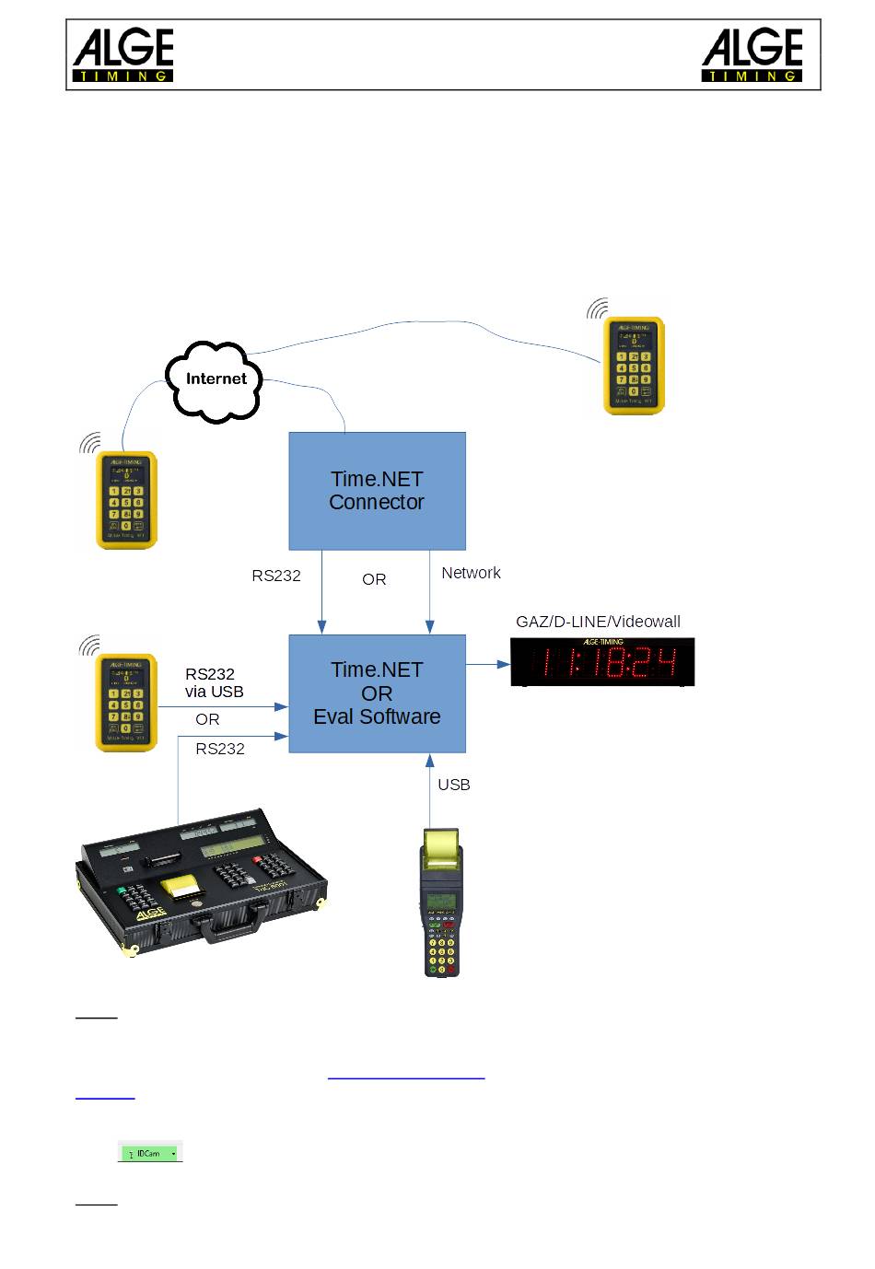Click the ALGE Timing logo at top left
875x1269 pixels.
[123, 55]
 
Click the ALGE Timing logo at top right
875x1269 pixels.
[752, 55]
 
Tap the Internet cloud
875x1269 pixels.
[216, 379]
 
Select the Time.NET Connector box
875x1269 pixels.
[377, 491]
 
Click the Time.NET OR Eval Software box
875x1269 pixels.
[377, 693]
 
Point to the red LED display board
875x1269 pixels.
[602, 662]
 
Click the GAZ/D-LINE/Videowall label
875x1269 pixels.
[598, 622]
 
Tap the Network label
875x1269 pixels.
[471, 573]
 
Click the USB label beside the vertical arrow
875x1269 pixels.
[454, 785]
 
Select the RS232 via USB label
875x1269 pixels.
[214, 682]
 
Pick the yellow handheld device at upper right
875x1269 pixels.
[634, 366]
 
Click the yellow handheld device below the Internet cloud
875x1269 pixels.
[127, 500]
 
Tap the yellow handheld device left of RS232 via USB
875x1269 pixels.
[127, 703]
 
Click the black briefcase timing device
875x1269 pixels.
[203, 884]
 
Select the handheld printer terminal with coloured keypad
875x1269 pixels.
[441, 902]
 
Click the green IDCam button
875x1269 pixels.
[150, 1153]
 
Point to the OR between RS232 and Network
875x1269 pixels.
[374, 579]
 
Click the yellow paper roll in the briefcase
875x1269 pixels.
[181, 887]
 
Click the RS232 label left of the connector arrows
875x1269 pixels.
[276, 576]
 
